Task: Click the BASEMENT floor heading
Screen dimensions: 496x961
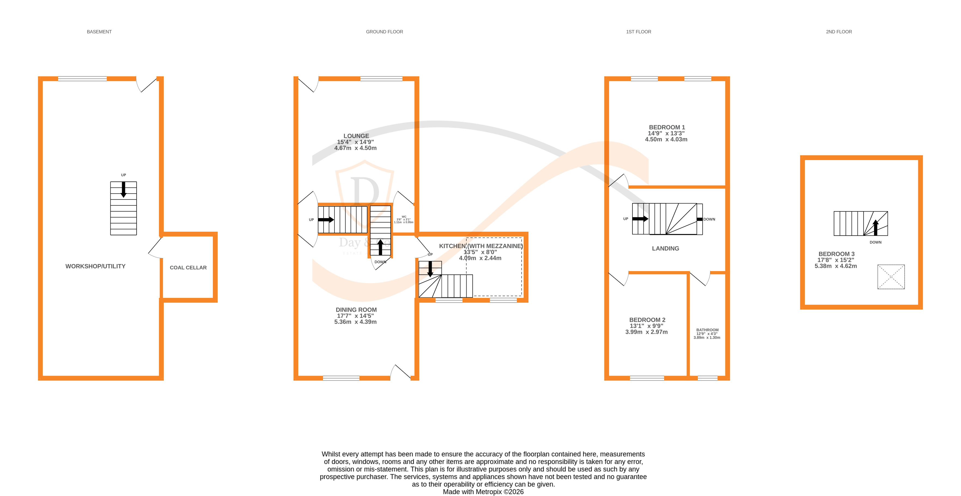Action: [x=99, y=32]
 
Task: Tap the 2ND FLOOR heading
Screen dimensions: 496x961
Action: [x=839, y=32]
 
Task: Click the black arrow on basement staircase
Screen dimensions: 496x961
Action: [x=123, y=189]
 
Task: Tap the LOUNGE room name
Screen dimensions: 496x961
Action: [x=356, y=136]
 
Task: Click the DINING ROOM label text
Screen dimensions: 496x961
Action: [x=356, y=310]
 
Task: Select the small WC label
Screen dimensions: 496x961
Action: [x=404, y=217]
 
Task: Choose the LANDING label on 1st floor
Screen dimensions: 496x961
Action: [x=665, y=248]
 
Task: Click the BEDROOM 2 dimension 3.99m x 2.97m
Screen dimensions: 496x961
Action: [x=646, y=332]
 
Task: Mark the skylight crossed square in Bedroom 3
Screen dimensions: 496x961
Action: [x=891, y=277]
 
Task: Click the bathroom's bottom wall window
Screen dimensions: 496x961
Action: [x=707, y=378]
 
